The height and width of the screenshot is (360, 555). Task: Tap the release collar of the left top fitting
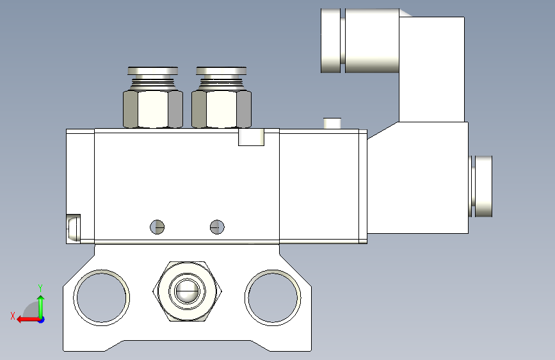(x=153, y=71)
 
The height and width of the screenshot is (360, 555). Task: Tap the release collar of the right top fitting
(x=221, y=71)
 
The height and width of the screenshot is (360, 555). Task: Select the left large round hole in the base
(x=101, y=298)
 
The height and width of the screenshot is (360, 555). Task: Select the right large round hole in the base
(x=273, y=298)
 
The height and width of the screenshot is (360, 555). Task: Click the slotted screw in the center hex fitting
(x=188, y=291)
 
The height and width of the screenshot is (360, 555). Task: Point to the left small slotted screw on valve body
(x=157, y=227)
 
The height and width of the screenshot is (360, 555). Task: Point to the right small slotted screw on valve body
(x=217, y=227)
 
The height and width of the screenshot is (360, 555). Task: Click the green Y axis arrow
(x=41, y=307)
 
